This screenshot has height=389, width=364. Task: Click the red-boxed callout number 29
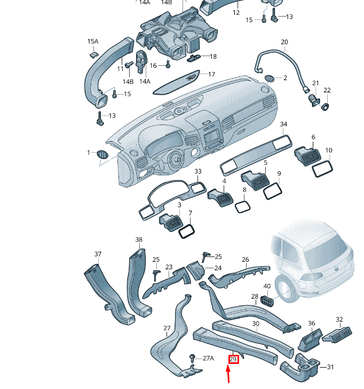(x=233, y=359)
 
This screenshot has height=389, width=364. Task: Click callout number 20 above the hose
(x=284, y=42)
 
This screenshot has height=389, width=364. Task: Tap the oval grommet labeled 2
(x=270, y=78)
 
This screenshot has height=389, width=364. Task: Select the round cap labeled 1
(x=101, y=154)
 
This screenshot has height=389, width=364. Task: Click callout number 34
(x=283, y=125)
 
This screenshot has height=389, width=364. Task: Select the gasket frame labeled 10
(x=322, y=168)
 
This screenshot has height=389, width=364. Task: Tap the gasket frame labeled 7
(x=186, y=231)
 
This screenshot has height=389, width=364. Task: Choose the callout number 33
(x=198, y=172)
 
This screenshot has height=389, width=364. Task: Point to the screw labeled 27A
(x=191, y=356)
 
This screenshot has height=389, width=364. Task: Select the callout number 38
(x=139, y=240)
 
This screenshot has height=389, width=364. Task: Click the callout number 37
(x=98, y=254)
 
